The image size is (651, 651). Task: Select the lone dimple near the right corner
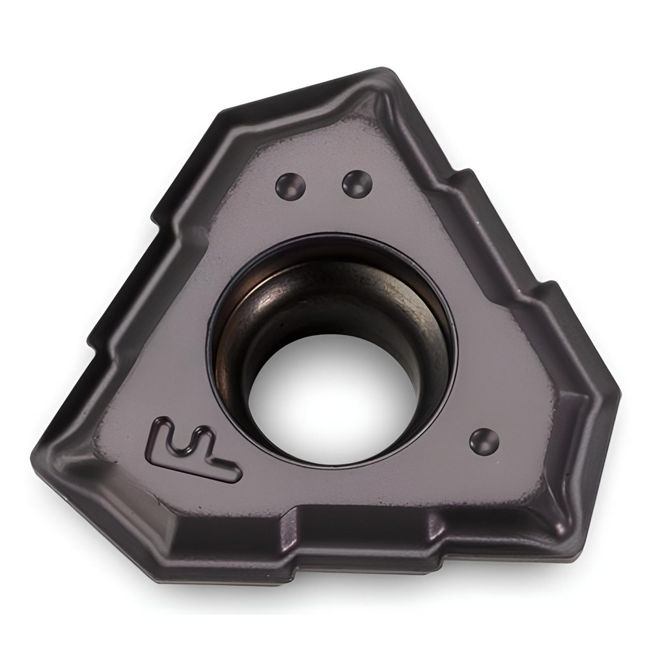point(484,441)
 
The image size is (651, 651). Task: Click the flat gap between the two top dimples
point(323,186)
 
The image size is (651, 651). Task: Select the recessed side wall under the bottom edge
point(365,560)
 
